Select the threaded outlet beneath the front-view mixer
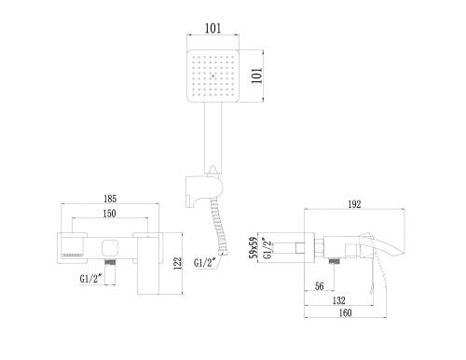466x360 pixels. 111,265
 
